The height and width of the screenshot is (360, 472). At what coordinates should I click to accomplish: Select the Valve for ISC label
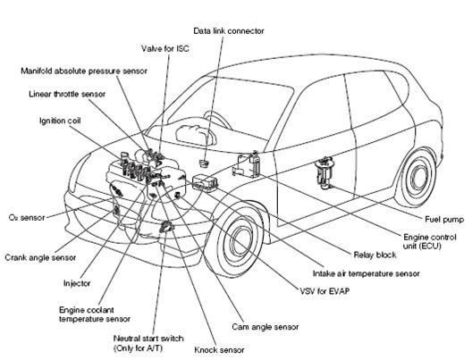tap(164, 49)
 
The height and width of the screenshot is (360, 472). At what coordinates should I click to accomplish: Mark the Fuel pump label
tap(442, 217)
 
